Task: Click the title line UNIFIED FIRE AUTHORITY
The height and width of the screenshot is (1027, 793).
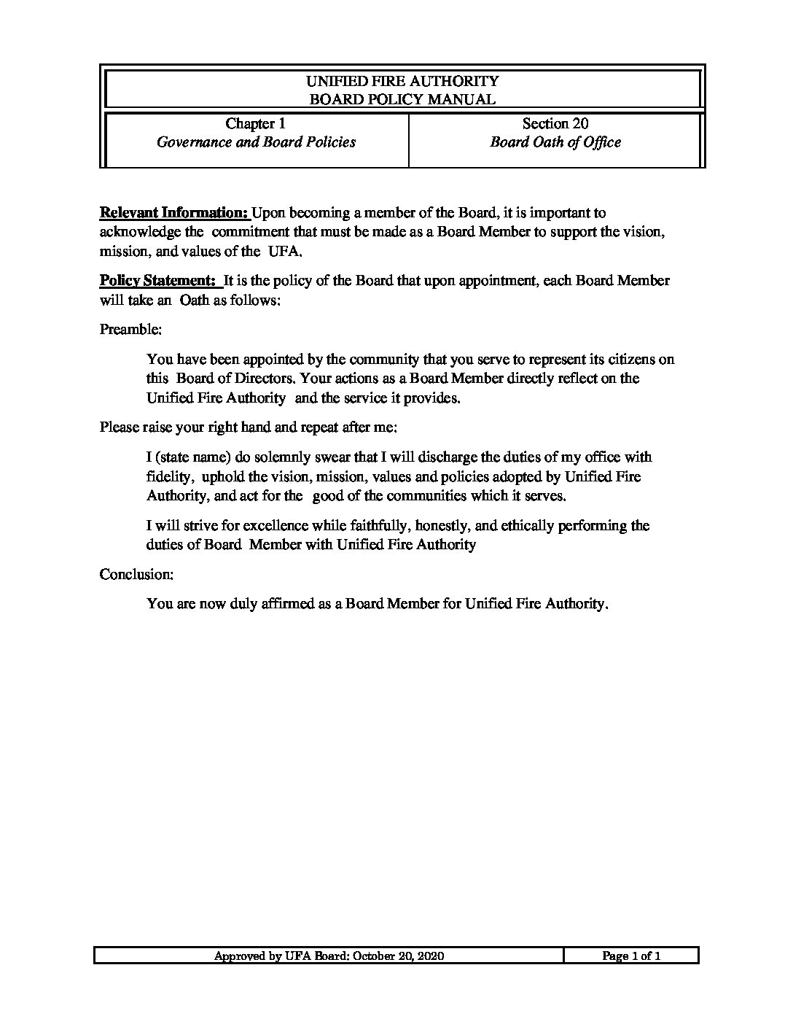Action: pyautogui.click(x=402, y=81)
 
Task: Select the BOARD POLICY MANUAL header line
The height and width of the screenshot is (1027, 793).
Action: pyautogui.click(x=402, y=99)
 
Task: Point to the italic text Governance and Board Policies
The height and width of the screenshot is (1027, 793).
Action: pyautogui.click(x=256, y=142)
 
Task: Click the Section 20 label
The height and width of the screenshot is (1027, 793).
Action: pyautogui.click(x=555, y=124)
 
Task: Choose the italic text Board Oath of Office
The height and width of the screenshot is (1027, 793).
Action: pyautogui.click(x=555, y=142)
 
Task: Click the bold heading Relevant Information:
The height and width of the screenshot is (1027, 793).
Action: pyautogui.click(x=174, y=213)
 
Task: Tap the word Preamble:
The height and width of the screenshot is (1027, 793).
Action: pyautogui.click(x=130, y=330)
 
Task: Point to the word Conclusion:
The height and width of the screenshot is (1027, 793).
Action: pyautogui.click(x=136, y=575)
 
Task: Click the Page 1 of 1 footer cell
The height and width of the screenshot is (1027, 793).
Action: pyautogui.click(x=631, y=956)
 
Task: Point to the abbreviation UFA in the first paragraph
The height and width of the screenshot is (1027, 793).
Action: pyautogui.click(x=284, y=252)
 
